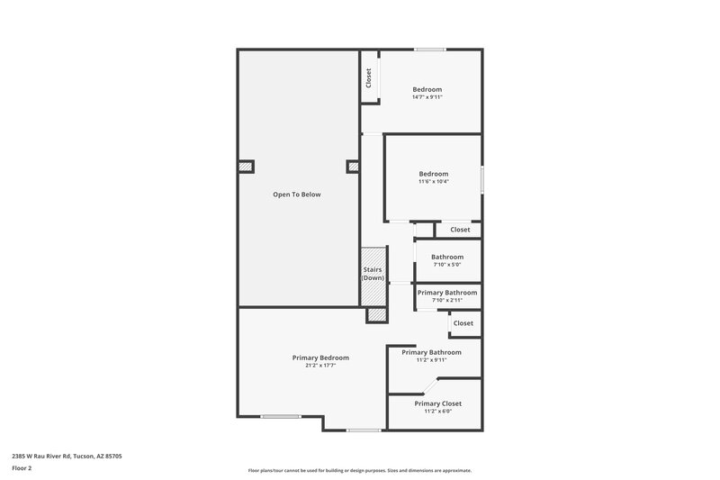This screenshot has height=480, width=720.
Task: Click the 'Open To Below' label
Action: (x=296, y=195)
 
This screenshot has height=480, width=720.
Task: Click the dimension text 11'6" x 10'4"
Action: (x=433, y=181)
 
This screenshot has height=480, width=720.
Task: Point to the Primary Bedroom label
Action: (x=320, y=358)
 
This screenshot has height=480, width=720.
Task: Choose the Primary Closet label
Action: (x=437, y=403)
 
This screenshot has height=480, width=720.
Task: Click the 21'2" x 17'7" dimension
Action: (x=320, y=366)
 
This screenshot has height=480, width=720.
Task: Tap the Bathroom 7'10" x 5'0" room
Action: (x=446, y=260)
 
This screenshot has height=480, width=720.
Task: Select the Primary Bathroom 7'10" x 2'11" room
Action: (x=446, y=295)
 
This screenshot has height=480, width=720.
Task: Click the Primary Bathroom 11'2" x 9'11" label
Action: (x=431, y=352)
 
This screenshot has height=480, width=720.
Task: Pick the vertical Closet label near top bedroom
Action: (x=368, y=78)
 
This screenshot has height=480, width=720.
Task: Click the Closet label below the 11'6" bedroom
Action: (x=460, y=230)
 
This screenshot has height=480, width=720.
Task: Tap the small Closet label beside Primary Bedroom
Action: (x=463, y=323)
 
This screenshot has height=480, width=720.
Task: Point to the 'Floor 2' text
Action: (x=22, y=468)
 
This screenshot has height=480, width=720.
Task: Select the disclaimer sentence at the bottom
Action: (x=359, y=470)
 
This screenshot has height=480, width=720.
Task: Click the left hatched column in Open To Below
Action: (x=246, y=166)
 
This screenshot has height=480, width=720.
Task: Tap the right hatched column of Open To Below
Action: (x=352, y=166)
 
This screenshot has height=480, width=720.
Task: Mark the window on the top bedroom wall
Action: (x=429, y=50)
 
